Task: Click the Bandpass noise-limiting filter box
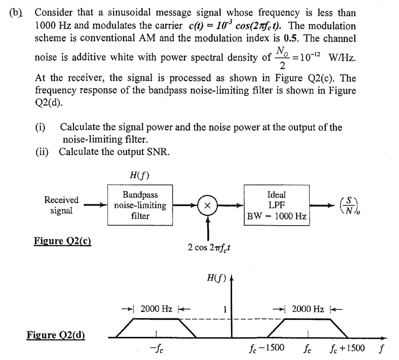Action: [x=140, y=205]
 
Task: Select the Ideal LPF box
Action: [x=276, y=205]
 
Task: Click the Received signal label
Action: [x=61, y=205]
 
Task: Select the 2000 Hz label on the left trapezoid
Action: [x=156, y=309]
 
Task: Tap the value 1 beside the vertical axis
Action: [x=224, y=310]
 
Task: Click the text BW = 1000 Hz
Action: [x=276, y=216]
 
